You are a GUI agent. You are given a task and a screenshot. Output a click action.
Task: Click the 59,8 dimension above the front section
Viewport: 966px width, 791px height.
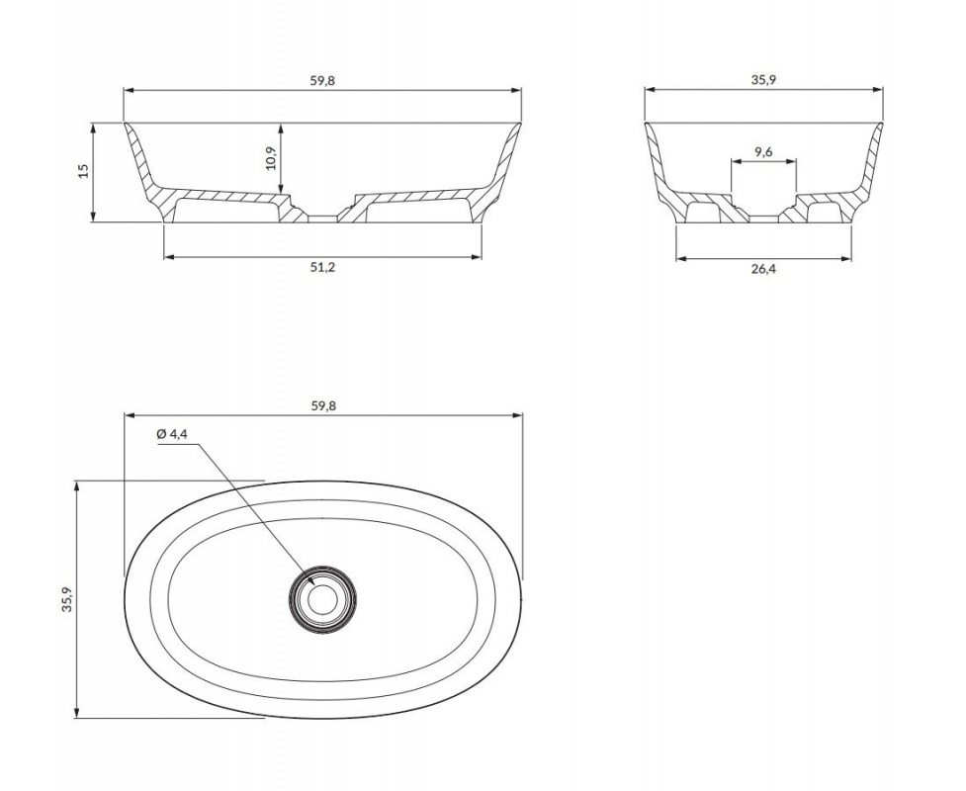click(x=322, y=81)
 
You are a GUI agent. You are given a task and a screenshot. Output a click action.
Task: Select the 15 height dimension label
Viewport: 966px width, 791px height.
click(x=84, y=170)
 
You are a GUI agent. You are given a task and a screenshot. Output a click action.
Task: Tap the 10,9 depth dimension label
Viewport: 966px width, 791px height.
click(x=272, y=159)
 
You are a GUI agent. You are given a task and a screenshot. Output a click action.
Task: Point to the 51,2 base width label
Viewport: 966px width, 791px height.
click(x=322, y=267)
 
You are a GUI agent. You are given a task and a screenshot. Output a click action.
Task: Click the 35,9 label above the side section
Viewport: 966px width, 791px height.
click(x=763, y=80)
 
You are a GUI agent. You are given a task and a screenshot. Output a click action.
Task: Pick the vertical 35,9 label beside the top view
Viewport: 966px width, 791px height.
click(x=67, y=599)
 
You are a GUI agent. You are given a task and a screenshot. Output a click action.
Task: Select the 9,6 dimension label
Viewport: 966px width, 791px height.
click(x=763, y=151)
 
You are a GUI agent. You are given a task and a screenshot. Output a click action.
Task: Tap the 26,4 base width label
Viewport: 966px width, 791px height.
click(x=762, y=269)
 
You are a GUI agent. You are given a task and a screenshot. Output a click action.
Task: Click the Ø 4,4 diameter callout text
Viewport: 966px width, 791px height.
click(x=172, y=434)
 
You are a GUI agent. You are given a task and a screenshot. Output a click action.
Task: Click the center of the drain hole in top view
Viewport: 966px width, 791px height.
click(x=322, y=597)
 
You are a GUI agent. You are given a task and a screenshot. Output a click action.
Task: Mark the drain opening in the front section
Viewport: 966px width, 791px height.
click(x=322, y=219)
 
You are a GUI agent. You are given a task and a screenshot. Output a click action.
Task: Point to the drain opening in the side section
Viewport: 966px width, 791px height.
click(x=764, y=219)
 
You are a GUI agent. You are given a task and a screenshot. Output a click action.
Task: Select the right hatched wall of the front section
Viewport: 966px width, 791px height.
click(x=499, y=172)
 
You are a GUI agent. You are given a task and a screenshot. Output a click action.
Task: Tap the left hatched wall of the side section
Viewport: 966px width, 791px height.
click(x=662, y=172)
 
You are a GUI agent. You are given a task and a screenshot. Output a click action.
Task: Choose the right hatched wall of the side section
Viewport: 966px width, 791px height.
click(x=865, y=172)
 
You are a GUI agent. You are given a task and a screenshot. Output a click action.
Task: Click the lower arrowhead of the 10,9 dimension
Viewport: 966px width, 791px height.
click(x=281, y=189)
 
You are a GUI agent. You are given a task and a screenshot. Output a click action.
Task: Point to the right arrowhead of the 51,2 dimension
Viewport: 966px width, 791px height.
click(x=476, y=256)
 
